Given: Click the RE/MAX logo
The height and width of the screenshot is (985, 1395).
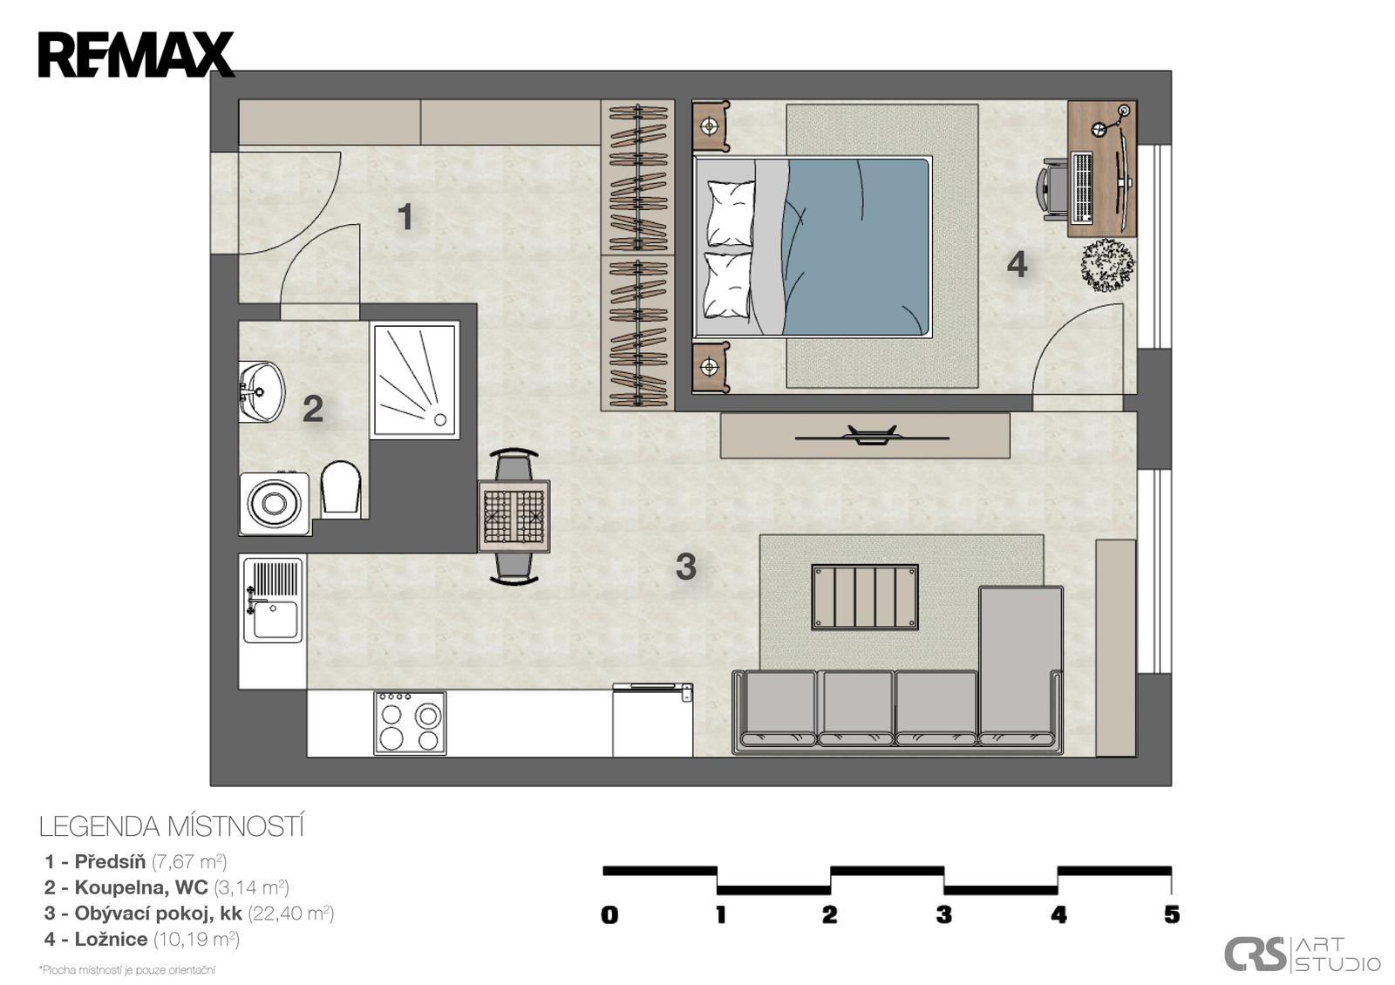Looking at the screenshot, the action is click(x=136, y=55).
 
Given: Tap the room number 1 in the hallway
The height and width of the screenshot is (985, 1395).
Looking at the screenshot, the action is click(x=405, y=217).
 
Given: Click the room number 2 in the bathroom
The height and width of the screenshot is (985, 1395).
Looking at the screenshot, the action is click(x=313, y=409).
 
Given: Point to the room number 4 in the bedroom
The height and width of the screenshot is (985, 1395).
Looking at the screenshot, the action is click(x=1017, y=265).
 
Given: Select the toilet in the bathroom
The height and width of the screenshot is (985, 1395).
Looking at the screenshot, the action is click(x=341, y=487).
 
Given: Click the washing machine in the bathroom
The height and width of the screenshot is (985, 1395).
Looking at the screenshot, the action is click(x=275, y=503).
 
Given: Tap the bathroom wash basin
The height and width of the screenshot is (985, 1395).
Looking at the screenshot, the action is click(x=262, y=391).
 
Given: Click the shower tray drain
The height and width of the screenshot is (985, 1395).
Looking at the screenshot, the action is click(x=440, y=419).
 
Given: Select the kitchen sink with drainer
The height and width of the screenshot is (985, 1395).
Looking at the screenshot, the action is click(x=273, y=600).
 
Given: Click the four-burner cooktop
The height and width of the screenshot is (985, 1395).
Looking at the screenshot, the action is click(x=410, y=723).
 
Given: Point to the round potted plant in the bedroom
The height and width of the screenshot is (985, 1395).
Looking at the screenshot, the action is click(x=1108, y=265).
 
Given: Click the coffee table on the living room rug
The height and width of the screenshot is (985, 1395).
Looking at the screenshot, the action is click(x=864, y=596).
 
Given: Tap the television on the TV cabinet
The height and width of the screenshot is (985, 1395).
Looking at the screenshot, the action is click(x=872, y=435).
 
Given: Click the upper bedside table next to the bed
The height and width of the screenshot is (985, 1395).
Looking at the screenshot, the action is click(x=711, y=126).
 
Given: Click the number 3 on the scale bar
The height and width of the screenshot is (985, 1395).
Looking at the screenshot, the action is click(x=943, y=914).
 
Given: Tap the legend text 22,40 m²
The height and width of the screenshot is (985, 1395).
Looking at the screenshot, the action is click(x=291, y=913).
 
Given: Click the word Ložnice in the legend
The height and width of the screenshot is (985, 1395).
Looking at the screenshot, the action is click(x=111, y=939).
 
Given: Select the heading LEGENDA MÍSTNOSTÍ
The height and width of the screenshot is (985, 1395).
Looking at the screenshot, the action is click(x=172, y=826).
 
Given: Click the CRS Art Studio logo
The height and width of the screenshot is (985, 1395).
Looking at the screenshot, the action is click(x=1303, y=954).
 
